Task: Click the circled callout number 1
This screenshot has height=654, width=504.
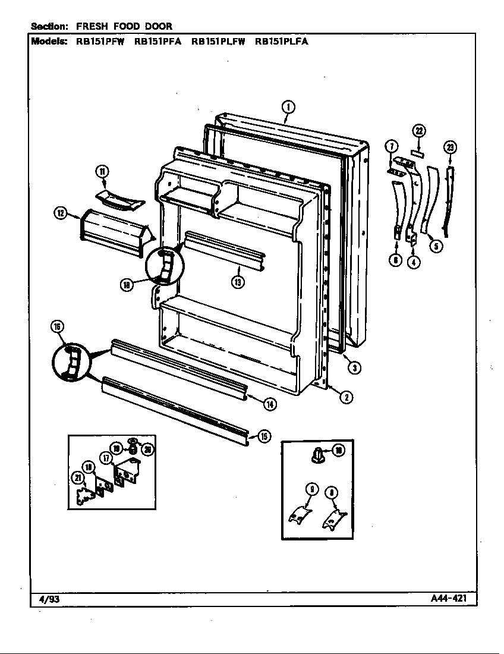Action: click(287, 107)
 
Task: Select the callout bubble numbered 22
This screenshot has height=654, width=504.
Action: click(419, 131)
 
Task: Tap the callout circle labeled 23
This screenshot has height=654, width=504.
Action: click(450, 147)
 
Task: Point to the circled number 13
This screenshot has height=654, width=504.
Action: click(238, 282)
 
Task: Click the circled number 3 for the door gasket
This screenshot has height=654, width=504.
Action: click(354, 367)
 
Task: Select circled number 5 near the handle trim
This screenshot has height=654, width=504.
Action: click(436, 246)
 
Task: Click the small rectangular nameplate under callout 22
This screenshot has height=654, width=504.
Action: click(418, 152)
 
